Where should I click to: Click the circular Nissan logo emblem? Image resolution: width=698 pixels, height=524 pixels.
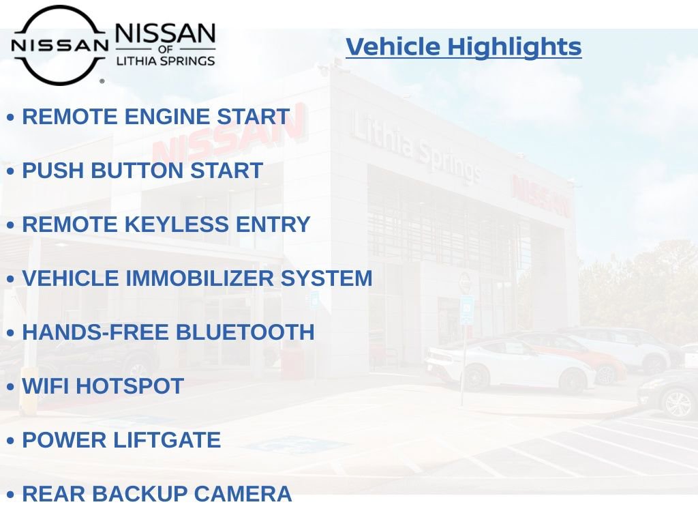59,45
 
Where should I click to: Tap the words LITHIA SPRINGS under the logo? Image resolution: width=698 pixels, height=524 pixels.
166,61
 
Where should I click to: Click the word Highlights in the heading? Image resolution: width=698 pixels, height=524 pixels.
515,47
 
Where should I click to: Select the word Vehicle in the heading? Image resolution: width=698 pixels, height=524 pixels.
393,47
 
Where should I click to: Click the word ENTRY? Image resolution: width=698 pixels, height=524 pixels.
273,224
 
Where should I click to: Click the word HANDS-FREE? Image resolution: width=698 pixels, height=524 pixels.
96,332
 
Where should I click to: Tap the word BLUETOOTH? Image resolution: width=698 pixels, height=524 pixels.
245,332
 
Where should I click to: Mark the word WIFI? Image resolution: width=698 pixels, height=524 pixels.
46,386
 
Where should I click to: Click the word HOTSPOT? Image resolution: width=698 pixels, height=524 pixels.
130,386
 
